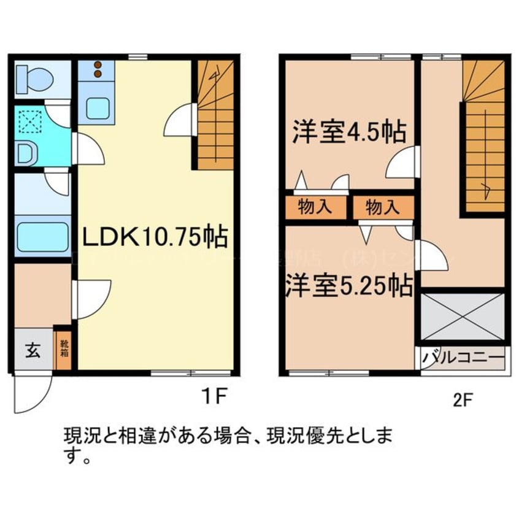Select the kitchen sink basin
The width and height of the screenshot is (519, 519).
97,108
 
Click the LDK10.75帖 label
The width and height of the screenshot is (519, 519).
156,236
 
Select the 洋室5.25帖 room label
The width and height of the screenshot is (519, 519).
348,287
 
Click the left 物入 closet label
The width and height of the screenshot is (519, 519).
315,207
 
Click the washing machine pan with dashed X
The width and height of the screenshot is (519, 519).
30,122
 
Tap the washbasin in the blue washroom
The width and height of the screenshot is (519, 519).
25,153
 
